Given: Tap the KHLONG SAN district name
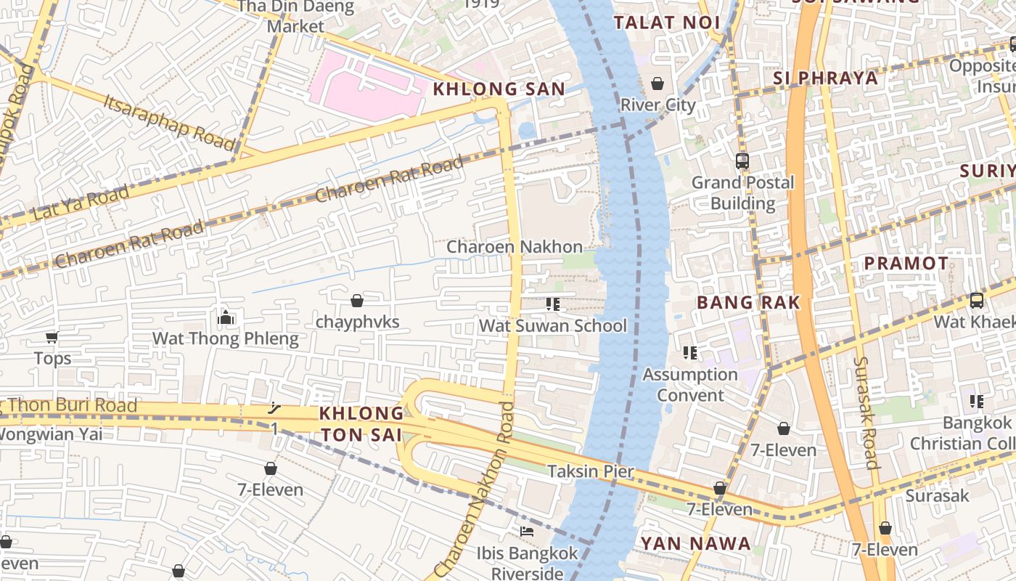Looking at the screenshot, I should pos(499,89).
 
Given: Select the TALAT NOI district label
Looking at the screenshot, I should pos(666,23).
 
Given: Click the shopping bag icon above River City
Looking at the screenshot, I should pos(657,84).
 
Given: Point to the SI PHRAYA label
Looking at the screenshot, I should pos(825,78).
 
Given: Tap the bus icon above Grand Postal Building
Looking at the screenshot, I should pos(742,161).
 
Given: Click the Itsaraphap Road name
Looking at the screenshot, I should pos(170,121).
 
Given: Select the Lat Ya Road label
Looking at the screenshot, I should pos(81,203).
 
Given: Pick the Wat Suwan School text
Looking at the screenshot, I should pos(552,325).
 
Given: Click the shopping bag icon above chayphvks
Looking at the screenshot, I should pos(357,300).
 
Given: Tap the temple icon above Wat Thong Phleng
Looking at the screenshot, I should pos(226,317).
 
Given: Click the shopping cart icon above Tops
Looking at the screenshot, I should pos(52,337).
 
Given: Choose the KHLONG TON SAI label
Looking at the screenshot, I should pos(361,423).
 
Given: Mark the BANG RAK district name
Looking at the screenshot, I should pos(748,302).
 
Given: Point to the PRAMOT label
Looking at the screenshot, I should pos(906,263).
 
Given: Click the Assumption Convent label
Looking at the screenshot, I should pos(690,385).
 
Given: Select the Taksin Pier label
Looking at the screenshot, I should pos(591,471).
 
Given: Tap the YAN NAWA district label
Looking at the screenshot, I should pos(695,543).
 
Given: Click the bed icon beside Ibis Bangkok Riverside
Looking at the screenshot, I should pos(527,532).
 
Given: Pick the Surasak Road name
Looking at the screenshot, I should pos(866,413).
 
